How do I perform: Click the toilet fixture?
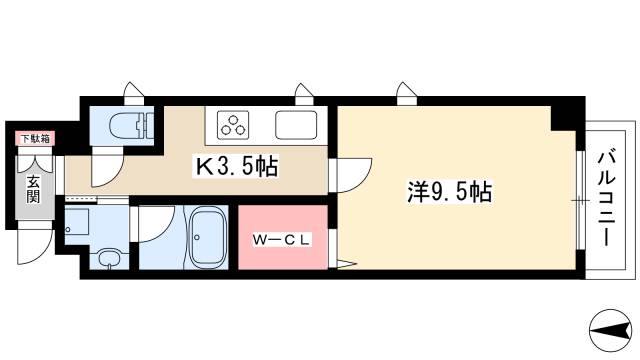click(131, 126)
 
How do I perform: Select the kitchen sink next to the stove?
click(297, 126)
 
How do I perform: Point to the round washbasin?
click(108, 258)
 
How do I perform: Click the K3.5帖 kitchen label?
click(236, 166)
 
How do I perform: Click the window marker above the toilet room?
click(131, 93)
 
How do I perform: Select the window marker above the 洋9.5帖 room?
click(405, 93)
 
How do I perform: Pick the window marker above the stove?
click(302, 93)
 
